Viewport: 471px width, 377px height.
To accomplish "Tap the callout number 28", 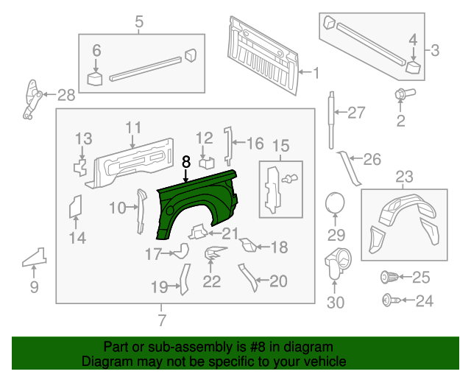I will (x=66, y=95).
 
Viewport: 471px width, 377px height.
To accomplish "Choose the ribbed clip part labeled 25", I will (x=389, y=277).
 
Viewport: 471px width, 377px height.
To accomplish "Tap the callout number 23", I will (x=405, y=177).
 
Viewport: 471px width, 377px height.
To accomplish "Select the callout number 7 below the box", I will (x=162, y=320).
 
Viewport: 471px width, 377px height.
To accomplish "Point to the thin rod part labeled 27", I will (x=332, y=110).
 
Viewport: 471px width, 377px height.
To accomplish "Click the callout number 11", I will (x=132, y=127).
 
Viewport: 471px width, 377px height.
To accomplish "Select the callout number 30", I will (x=335, y=303).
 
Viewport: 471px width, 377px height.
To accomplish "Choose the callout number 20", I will (x=278, y=280).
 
